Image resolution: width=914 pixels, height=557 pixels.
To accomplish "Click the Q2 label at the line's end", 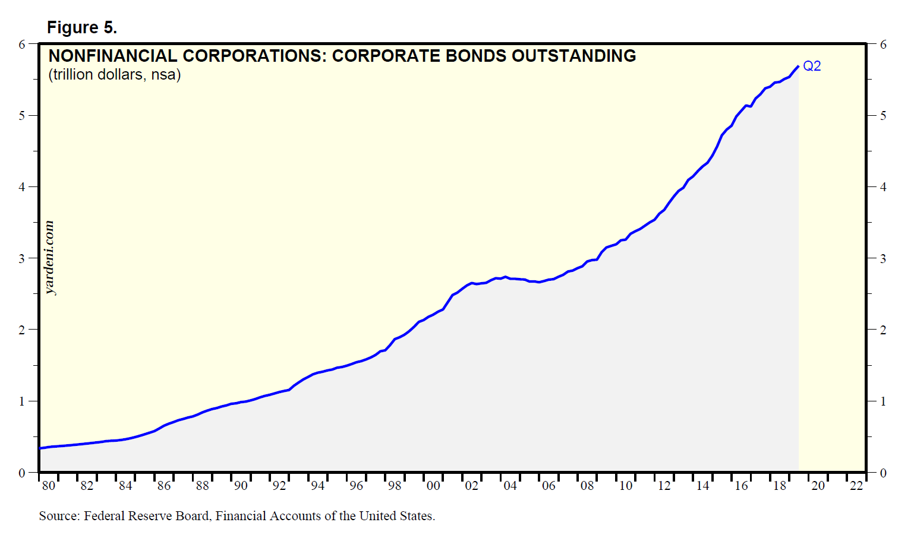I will coord(812,67).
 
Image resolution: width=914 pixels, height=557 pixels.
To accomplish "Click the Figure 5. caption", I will coord(82,28).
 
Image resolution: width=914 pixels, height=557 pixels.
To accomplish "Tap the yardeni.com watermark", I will coord(50,258).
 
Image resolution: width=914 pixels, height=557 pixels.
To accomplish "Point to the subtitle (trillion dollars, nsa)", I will coord(115,75).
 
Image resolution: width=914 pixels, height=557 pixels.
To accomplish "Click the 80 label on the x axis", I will coord(49,486).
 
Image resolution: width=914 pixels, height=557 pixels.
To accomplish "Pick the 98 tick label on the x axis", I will coord(395,486).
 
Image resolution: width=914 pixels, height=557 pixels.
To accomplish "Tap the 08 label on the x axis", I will coord(587,486).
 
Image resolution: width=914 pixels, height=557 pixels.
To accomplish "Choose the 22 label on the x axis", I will coord(856,486).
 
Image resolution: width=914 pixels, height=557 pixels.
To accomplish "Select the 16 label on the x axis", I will coord(741,486).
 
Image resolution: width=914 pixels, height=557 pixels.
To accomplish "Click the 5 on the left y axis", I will coord(22,116).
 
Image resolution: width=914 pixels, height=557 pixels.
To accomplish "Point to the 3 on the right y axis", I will coord(883,258).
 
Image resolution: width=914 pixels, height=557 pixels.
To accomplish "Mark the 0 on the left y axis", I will coord(22,473).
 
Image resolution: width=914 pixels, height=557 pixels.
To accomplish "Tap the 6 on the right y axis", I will coord(883,45).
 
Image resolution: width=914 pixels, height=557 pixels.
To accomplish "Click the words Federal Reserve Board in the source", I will coord(146,516).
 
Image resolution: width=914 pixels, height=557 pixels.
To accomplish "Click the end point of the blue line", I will coord(798,66).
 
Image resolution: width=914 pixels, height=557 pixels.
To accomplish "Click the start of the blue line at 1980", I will coord(40,448).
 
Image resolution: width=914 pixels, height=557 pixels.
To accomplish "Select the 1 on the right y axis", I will coord(883,401).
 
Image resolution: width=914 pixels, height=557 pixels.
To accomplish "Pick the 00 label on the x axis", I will coord(433,486).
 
